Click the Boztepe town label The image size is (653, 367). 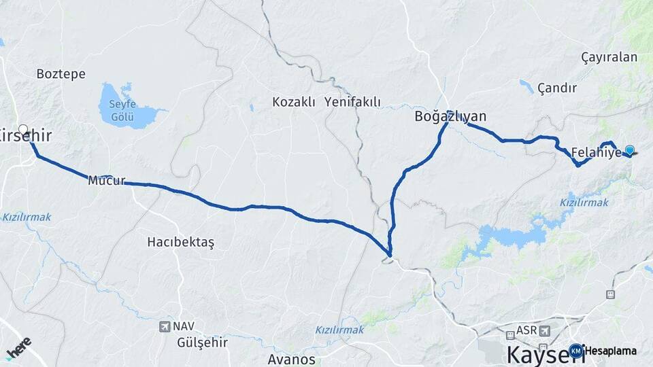pos(61,73)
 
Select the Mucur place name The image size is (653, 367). pos(107,181)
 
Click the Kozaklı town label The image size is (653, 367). pos(294,102)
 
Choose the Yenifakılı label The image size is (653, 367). pos(352,102)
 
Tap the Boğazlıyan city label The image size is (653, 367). pos(450,116)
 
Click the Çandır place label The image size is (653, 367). pos(556,88)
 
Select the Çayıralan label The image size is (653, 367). pos(609,57)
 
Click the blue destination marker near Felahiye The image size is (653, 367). pos(630,150)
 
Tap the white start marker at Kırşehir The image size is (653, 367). pos(23,129)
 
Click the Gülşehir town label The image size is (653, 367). pos(202,342)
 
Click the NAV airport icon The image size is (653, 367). pos(165,327)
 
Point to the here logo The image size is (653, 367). pos(18,348)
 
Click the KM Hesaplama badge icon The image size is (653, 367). pos(576,351)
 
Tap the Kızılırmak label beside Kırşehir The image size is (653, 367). pos(27,217)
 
